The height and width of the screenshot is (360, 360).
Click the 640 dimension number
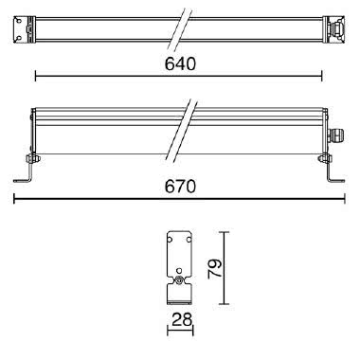[x=180, y=63]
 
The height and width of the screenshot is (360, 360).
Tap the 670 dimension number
[x=180, y=187]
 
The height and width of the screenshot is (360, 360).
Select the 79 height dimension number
[x=215, y=268]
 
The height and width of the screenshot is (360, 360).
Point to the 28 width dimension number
[x=182, y=320]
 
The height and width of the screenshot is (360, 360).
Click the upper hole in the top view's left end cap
[x=18, y=21]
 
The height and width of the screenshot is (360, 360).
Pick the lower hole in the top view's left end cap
[x=18, y=38]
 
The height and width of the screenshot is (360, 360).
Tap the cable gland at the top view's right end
[x=336, y=29]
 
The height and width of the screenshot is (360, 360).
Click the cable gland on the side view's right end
[x=337, y=135]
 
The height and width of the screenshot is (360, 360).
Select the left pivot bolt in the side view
[x=31, y=157]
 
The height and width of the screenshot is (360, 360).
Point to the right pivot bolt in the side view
[x=325, y=157]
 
